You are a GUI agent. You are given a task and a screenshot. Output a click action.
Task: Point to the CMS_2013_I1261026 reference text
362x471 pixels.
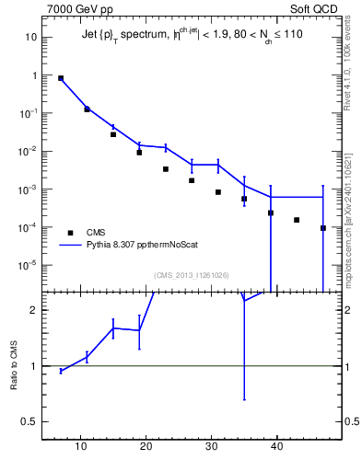[192, 275]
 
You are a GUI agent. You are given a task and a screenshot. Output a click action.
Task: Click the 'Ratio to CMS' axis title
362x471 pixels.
[15, 365]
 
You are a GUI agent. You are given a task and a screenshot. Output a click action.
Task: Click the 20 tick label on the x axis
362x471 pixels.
[146, 447]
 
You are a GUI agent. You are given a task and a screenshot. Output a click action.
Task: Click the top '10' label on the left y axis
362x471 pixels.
[30, 38]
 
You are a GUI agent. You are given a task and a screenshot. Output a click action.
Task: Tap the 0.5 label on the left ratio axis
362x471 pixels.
[29, 422]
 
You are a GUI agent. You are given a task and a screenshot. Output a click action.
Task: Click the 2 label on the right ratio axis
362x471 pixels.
[346, 310]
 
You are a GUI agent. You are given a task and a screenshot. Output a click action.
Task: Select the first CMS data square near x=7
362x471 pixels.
[61, 78]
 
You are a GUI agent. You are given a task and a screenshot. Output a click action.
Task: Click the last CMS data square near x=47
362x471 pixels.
[323, 228]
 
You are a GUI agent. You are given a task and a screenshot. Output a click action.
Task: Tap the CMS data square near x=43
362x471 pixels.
[297, 220]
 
